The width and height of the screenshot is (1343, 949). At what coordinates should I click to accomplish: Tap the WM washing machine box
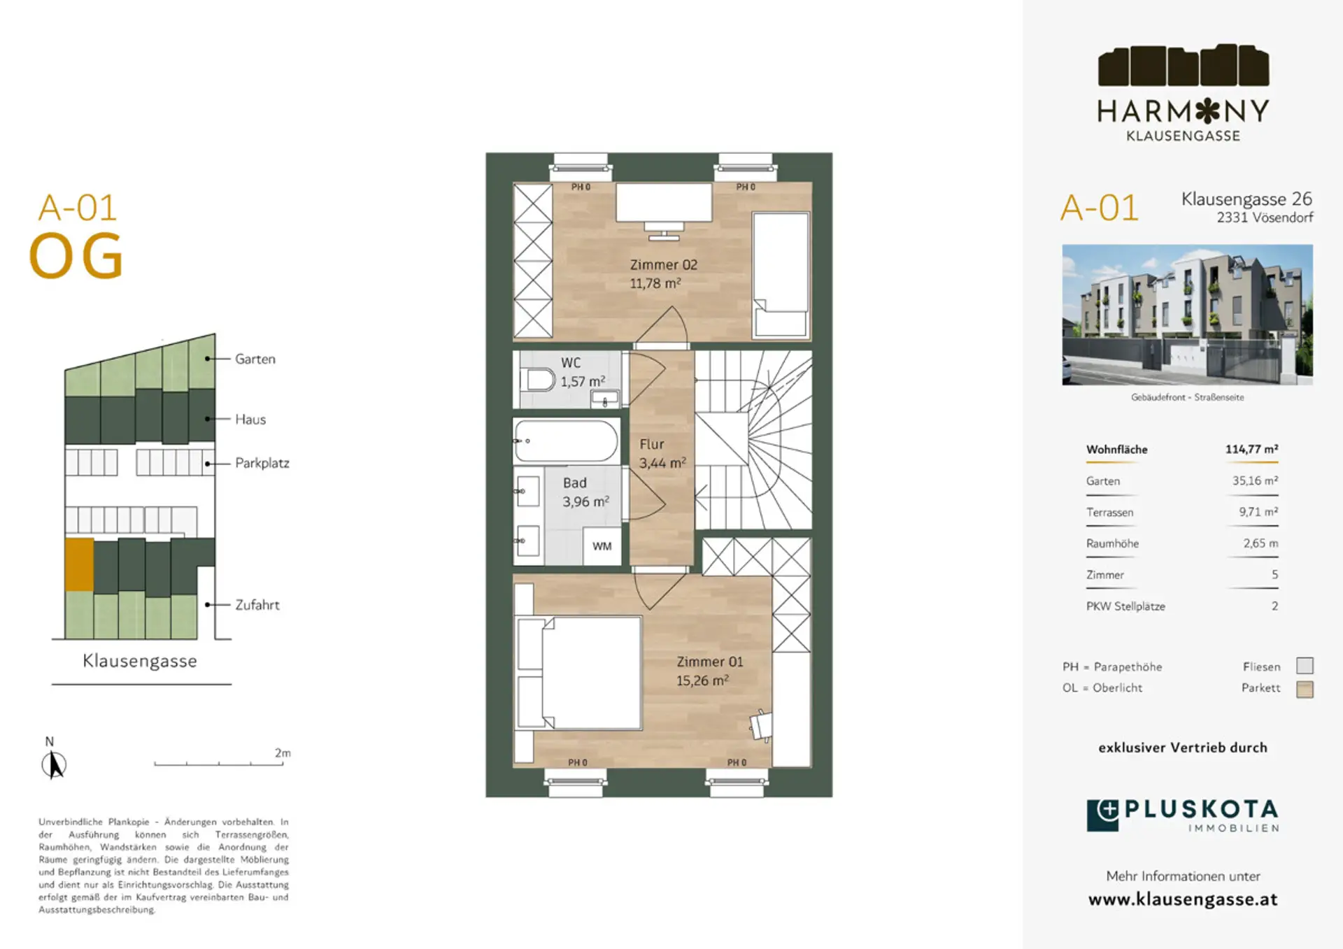602,546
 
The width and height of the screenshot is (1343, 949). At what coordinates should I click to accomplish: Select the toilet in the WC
539,380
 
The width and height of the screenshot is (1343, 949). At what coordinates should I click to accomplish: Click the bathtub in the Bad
566,441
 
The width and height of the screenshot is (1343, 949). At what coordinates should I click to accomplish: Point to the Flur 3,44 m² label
662,453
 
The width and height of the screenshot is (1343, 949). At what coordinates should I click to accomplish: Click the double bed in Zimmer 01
579,673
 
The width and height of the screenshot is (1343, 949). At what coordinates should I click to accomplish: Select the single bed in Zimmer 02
781,276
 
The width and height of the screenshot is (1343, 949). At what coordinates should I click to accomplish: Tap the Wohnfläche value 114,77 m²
1251,449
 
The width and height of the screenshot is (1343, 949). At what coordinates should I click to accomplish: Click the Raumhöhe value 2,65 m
1260,543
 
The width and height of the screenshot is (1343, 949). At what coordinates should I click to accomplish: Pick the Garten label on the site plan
255,359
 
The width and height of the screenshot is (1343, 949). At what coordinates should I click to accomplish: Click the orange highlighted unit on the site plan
79,564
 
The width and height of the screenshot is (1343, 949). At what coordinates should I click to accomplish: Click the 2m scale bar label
283,752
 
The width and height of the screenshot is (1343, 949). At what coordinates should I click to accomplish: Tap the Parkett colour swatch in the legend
1305,689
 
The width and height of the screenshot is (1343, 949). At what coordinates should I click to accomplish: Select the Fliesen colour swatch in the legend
1305,666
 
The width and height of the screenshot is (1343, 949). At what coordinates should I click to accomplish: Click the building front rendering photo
1187,315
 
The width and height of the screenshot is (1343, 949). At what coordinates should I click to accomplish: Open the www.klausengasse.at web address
1183,899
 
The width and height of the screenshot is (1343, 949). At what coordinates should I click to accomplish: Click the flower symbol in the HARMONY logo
1208,110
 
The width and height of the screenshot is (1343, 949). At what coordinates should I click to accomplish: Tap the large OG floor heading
76,256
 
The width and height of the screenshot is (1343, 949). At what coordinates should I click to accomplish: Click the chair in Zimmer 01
761,725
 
